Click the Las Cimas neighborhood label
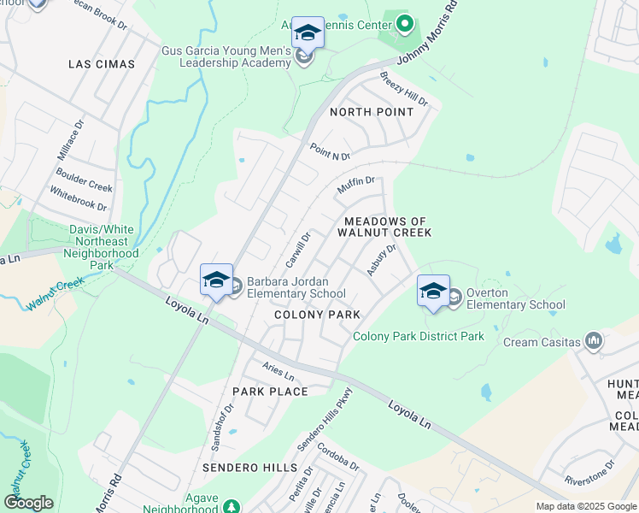(x=102, y=64)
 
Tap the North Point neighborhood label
(x=372, y=112)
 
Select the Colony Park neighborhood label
(x=317, y=315)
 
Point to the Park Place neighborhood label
(x=270, y=392)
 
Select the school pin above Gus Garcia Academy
(x=308, y=33)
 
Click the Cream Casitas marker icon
(x=594, y=342)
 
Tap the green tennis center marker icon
(x=406, y=23)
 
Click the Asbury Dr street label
(x=382, y=260)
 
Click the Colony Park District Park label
(x=419, y=336)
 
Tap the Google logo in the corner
(x=28, y=503)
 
